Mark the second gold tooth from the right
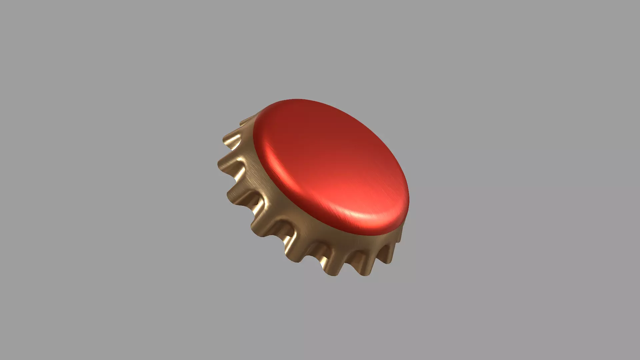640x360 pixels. coord(362,263)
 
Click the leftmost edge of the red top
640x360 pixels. coord(253,140)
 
